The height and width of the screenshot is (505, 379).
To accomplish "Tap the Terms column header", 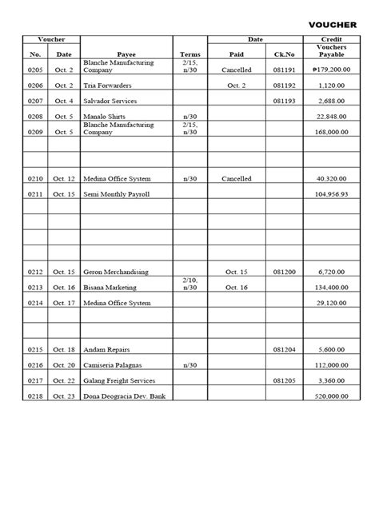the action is [189, 54].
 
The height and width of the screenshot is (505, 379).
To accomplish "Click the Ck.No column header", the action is [284, 54].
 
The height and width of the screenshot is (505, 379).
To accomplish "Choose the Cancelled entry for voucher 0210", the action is [236, 179].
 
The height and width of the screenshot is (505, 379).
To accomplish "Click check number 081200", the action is [284, 272].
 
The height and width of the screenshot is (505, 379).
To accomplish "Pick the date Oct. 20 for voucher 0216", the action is [64, 365].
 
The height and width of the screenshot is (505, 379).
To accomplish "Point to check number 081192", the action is [284, 85].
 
